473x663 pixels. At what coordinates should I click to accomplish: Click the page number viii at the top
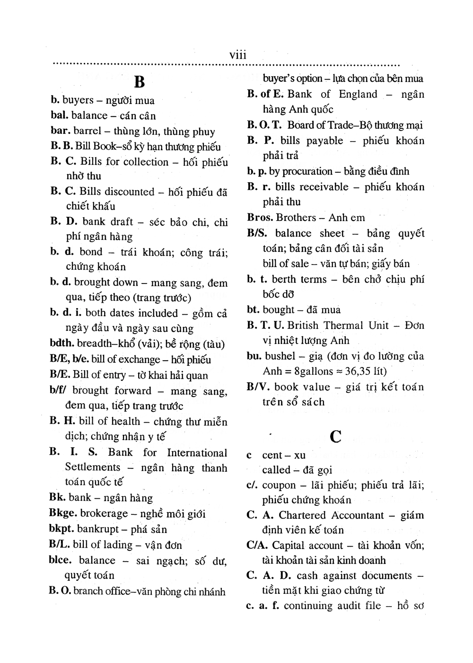click(x=238, y=55)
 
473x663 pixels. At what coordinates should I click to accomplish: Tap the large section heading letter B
click(x=139, y=82)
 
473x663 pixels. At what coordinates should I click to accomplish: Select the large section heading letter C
click(x=335, y=436)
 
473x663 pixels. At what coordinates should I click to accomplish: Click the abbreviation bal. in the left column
click(x=60, y=115)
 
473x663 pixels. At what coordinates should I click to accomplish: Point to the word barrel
click(x=88, y=131)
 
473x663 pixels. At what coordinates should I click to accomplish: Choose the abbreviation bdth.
click(x=61, y=344)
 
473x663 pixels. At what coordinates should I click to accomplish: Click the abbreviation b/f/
click(x=59, y=390)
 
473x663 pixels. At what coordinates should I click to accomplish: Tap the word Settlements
click(x=93, y=467)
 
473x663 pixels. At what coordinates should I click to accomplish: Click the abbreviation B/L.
click(x=59, y=545)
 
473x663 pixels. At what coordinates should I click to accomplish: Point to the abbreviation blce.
click(x=61, y=560)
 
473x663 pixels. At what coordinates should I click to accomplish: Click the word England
click(x=358, y=94)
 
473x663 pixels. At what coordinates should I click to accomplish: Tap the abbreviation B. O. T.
click(x=264, y=125)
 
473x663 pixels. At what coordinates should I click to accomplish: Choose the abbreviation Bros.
click(x=260, y=218)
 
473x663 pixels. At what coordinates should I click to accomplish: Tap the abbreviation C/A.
click(x=257, y=545)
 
